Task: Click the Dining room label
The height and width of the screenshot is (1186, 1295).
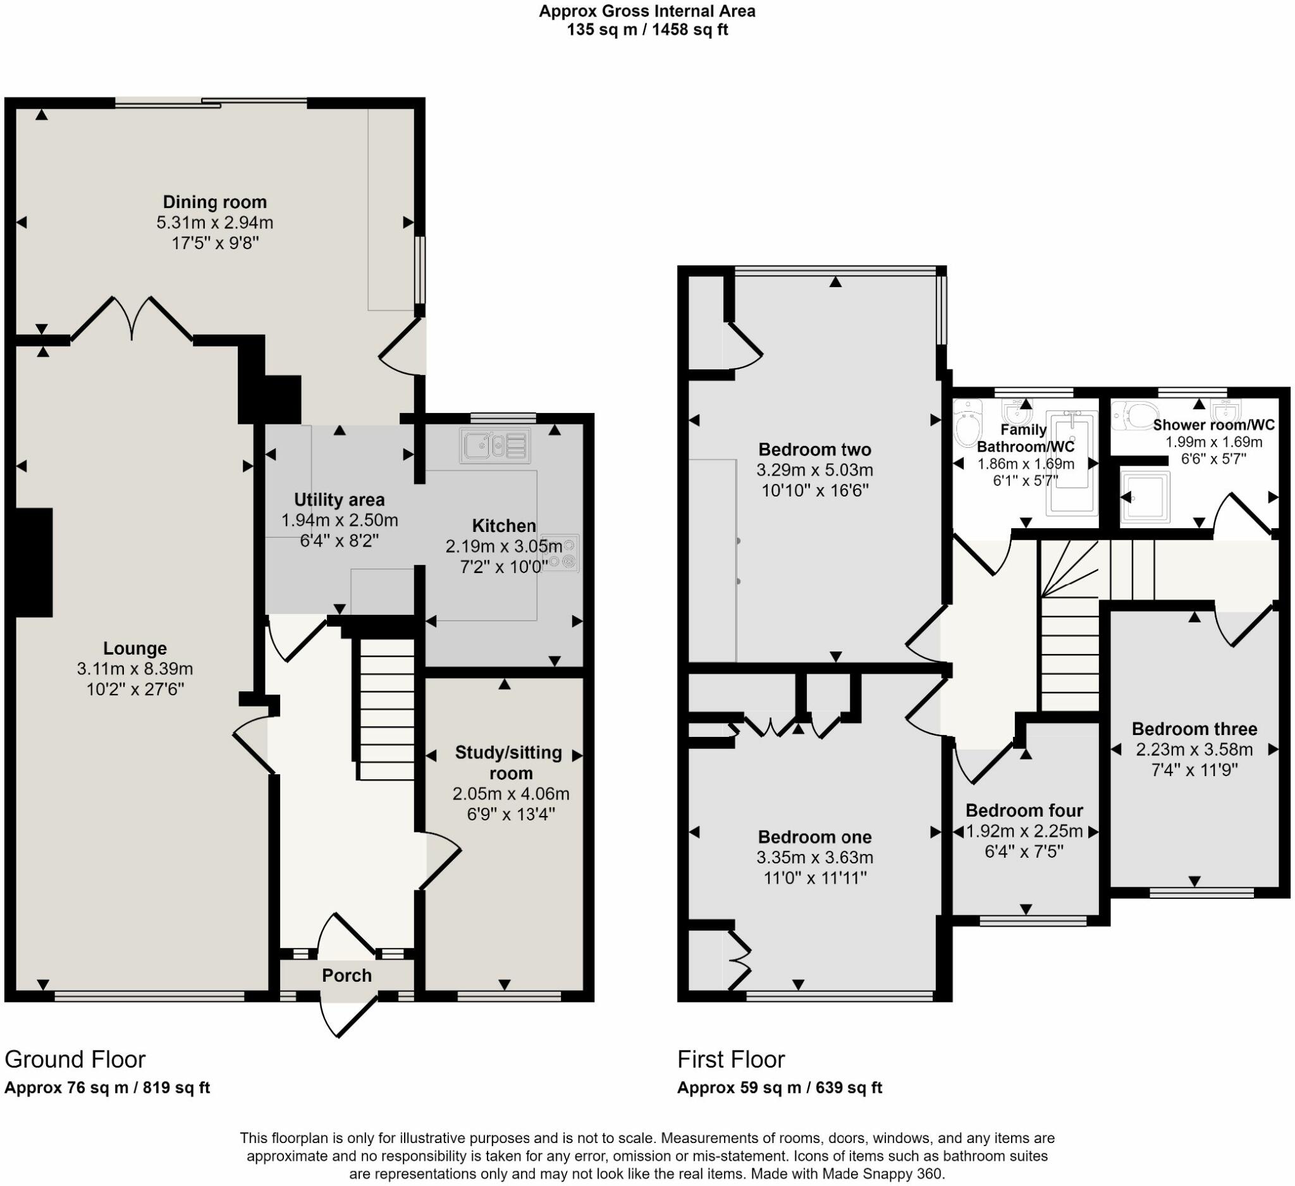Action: point(214,202)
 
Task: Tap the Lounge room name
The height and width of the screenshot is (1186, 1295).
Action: point(135,648)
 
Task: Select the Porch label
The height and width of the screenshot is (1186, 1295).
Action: point(347,975)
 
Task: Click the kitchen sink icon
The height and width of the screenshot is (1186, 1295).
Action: point(495,445)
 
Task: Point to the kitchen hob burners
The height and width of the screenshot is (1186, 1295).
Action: point(561,553)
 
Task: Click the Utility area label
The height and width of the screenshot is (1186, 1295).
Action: point(339,499)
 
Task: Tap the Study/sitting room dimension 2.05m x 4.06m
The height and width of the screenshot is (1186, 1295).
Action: point(511,793)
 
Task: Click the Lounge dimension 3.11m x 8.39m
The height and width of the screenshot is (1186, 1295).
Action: point(135,669)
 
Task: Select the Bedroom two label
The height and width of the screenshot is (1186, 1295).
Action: point(814,449)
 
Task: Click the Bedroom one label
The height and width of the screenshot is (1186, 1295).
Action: point(814,837)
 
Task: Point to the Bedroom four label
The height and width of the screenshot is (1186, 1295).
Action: point(1024,810)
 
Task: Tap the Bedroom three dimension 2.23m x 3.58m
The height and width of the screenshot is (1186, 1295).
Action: point(1194,749)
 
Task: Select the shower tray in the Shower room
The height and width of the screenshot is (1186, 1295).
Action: point(1145,495)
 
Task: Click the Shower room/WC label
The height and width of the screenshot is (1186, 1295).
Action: point(1213,424)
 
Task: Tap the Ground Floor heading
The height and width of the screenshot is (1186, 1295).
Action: point(75,1059)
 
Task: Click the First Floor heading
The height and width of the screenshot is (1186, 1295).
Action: point(731,1059)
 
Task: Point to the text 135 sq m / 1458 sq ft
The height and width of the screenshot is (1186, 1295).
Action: point(647,30)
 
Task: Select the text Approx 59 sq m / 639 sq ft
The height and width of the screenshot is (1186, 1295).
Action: point(780,1088)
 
